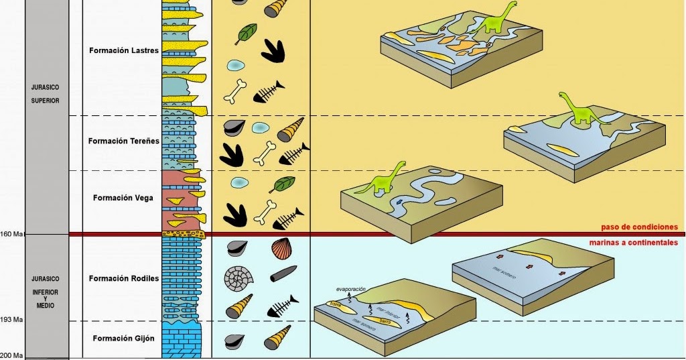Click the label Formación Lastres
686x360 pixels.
123,50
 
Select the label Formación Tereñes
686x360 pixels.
123,141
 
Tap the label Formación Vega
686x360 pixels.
123,198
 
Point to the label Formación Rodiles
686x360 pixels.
123,278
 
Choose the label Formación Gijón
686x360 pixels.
123,339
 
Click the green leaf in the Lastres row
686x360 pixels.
247,33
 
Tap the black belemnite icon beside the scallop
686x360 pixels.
283,274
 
